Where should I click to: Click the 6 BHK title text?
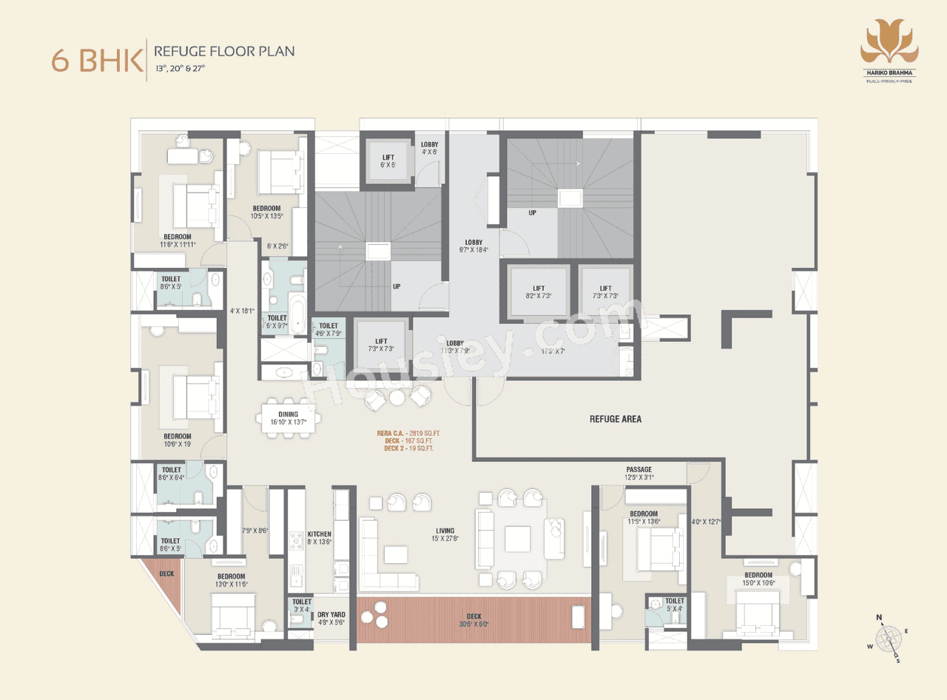97,60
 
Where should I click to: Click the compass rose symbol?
887,638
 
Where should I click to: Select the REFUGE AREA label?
615,419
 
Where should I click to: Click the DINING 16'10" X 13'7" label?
288,419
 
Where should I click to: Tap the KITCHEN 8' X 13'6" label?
319,537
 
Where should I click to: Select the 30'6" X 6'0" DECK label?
473,619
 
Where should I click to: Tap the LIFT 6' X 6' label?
388,161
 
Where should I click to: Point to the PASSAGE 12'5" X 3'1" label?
638,473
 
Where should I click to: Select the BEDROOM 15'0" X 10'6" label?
758,579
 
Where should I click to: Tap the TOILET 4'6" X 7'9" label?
328,329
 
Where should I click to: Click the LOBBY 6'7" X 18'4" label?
473,246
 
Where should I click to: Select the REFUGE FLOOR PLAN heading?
224,51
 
